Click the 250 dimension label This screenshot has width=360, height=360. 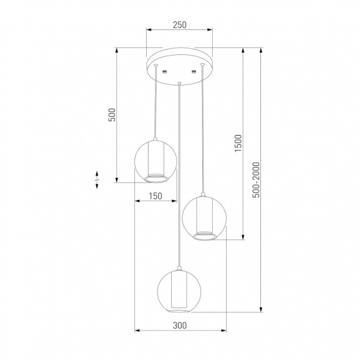point(180,25)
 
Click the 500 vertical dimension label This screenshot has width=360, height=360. point(112,115)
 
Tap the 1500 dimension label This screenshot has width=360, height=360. point(238,143)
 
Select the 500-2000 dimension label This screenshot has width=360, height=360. point(256,180)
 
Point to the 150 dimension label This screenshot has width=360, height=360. point(155,196)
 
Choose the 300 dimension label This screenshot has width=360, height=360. point(180,325)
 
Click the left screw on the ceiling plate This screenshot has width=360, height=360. point(164,72)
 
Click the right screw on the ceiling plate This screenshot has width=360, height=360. point(194,72)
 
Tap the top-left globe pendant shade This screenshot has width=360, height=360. point(134,161)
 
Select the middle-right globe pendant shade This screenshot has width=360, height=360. point(183,217)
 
